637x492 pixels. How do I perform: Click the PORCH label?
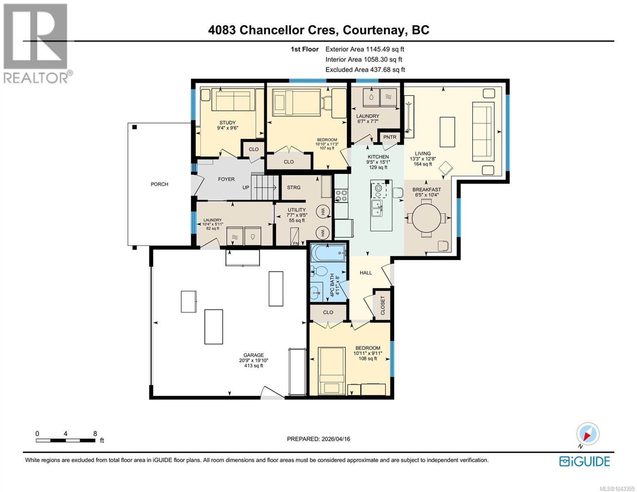[159, 184]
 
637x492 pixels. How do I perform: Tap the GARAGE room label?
[253, 355]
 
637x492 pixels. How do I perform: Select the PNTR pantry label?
[390, 137]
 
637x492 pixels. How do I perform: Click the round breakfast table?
[426, 218]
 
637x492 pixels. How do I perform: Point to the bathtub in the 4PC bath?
[328, 253]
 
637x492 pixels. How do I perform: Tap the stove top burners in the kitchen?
[341, 196]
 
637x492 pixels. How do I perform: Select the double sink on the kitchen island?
[377, 208]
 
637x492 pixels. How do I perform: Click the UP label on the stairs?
[246, 187]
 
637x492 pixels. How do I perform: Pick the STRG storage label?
[293, 187]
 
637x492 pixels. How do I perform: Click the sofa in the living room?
[483, 131]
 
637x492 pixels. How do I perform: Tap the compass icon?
[588, 434]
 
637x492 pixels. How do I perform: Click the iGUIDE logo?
[584, 461]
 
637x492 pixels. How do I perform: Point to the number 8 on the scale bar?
[95, 434]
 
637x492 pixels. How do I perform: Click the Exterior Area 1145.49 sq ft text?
[365, 49]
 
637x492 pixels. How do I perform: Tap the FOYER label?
[226, 179]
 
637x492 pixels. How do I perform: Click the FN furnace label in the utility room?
[295, 244]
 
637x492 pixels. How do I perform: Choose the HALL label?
[366, 273]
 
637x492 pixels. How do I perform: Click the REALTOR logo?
[37, 43]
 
